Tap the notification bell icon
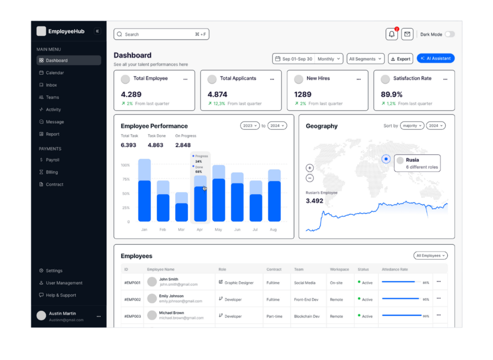point(391,34)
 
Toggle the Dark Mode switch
point(450,34)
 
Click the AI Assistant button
point(435,58)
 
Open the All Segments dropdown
point(365,59)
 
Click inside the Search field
point(161,34)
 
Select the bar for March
point(182,207)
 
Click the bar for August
point(274,195)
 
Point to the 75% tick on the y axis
point(126,179)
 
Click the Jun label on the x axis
point(237,230)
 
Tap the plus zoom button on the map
point(310,168)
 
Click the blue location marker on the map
point(386,159)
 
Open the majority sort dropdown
point(412,126)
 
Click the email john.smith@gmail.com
point(179,284)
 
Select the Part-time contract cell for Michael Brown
point(274,316)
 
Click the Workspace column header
point(339,269)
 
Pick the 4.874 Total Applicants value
point(217,94)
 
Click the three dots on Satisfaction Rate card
point(445,80)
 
